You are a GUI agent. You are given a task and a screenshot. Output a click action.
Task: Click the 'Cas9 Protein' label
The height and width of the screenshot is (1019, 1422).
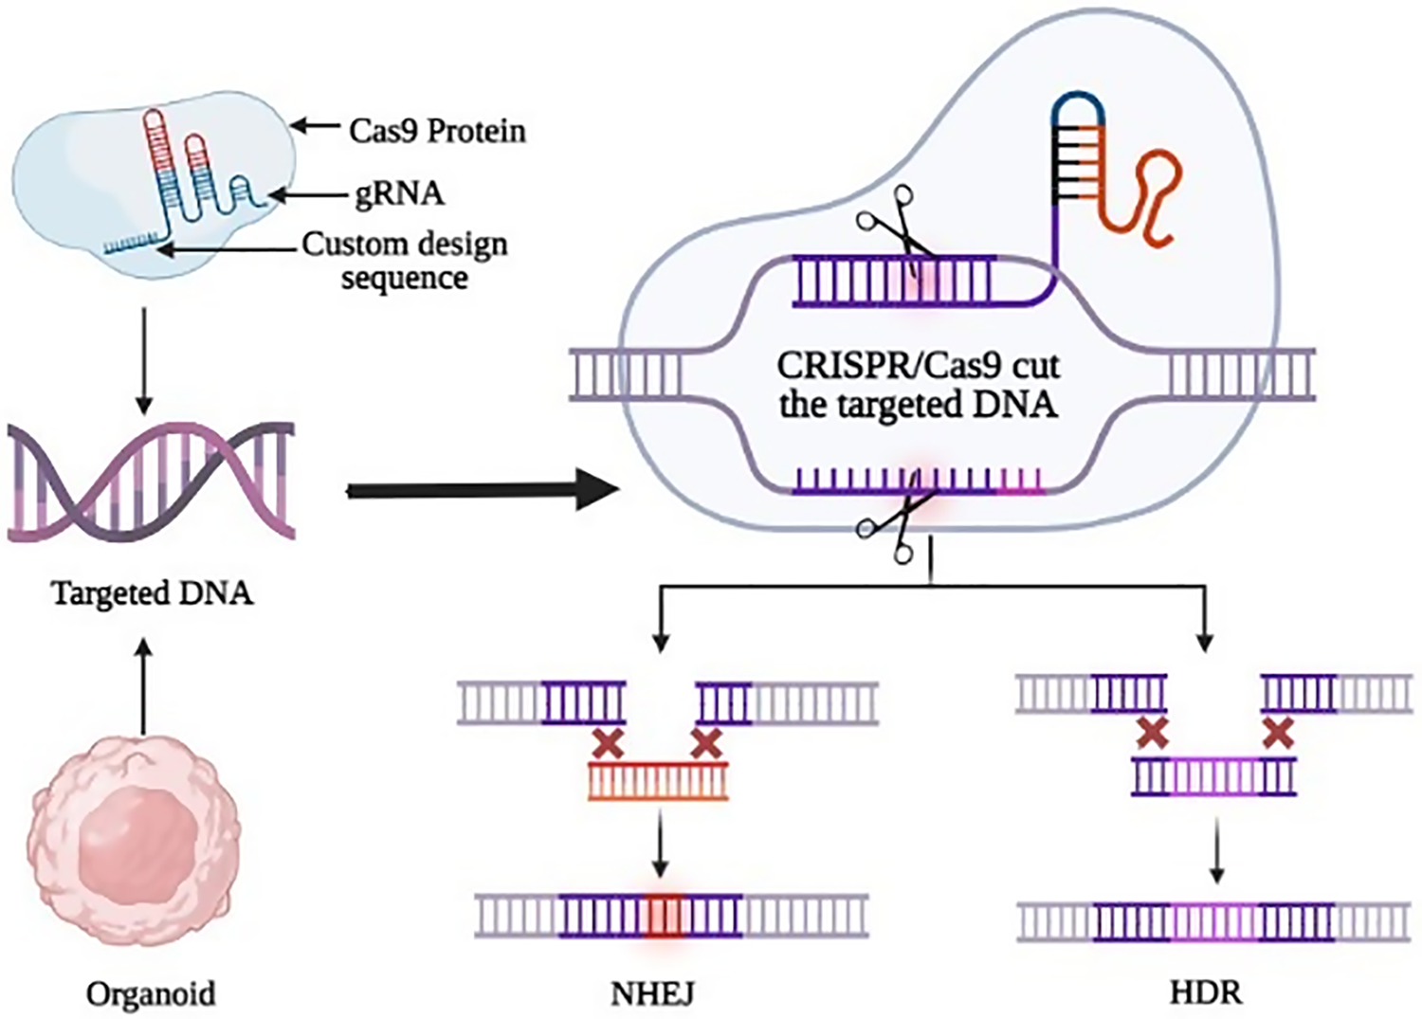coord(437,130)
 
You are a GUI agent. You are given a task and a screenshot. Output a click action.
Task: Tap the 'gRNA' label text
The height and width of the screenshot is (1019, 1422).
coord(399,193)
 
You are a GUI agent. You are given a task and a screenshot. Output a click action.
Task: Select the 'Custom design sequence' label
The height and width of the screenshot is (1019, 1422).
coord(405,261)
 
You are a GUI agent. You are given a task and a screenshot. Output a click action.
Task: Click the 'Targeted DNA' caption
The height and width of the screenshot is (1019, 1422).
coord(152,593)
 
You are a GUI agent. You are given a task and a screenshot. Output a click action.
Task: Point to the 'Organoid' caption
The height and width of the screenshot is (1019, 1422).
coord(151,993)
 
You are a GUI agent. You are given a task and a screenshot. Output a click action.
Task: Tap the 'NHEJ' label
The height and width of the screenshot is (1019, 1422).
coord(652,993)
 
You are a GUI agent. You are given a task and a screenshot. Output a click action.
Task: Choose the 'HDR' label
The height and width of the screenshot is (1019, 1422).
coord(1206,992)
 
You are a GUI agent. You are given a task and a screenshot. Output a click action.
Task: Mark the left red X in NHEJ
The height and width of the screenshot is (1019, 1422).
coord(607,743)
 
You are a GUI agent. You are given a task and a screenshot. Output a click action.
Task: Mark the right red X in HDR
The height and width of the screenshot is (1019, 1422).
coord(1278,732)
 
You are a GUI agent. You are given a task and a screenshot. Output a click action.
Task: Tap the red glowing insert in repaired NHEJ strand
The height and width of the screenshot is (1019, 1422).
coord(664,917)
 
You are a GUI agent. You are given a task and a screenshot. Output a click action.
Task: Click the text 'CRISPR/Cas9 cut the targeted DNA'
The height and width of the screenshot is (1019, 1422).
coord(918,385)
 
